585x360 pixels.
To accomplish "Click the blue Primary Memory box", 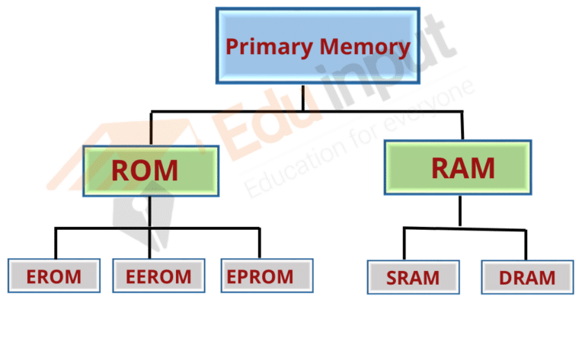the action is [318, 46].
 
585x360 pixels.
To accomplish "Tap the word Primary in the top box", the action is [270, 47].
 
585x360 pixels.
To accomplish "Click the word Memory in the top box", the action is [365, 47].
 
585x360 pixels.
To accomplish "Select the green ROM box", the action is [151, 170].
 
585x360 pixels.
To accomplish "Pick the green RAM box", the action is [458, 167].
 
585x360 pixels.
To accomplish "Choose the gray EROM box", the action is [54, 276].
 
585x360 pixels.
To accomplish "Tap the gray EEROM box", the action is [159, 276].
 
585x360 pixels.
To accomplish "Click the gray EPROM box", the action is [267, 276].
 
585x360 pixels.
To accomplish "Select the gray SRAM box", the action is [414, 277].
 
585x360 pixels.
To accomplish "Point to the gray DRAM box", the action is [528, 277].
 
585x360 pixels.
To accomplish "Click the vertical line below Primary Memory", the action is [303, 97].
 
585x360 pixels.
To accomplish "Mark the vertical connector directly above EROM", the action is [56, 243].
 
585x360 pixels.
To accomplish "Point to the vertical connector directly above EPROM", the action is [259, 243].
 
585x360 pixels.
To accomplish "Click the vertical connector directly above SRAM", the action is [404, 244].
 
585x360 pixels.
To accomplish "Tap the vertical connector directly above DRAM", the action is [526, 245].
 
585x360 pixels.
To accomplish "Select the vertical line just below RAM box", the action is [460, 211].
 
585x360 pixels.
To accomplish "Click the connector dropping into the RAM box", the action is [462, 126].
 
